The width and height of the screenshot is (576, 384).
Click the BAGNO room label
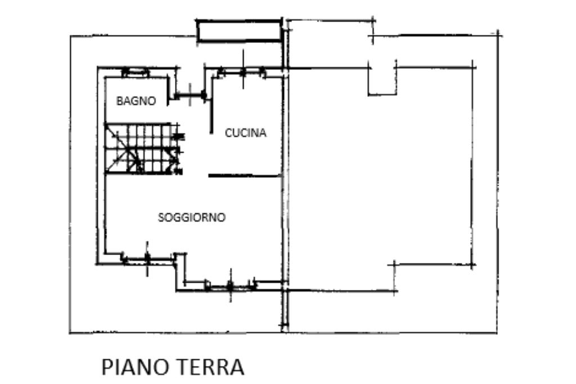136,101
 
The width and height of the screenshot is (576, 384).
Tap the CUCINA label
245,133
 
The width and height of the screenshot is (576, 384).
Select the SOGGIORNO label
191,217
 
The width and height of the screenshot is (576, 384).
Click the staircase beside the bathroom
142,148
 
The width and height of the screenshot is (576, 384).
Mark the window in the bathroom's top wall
135,72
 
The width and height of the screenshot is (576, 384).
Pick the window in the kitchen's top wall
242,72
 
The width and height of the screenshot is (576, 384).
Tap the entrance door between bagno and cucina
190,96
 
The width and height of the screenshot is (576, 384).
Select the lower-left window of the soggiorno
147,260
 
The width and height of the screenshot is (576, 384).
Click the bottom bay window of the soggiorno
230,285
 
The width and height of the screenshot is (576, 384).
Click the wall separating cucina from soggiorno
245,176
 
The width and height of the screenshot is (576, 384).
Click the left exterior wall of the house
98,166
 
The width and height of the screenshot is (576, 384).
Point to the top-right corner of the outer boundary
498,35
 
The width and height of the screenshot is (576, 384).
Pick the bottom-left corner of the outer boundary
70,333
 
